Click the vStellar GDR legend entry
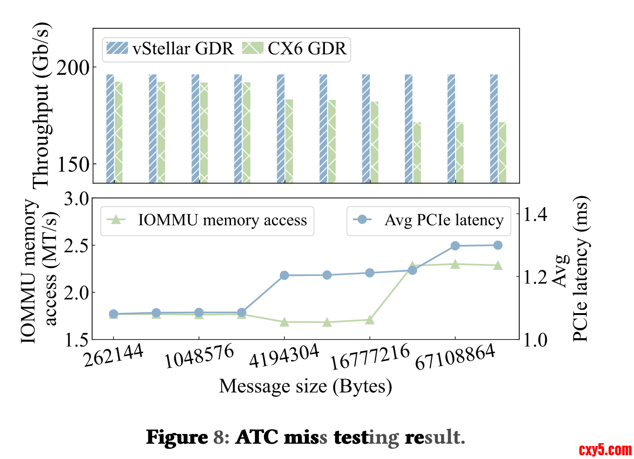coord(170,49)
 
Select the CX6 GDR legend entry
coord(295,49)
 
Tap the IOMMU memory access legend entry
coord(207,220)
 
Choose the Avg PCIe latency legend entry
coord(428,220)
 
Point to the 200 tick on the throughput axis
coord(73,68)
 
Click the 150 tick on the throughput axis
coord(73,164)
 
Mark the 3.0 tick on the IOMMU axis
coord(76,199)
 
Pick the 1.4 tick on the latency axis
coord(535,215)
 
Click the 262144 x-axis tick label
coord(113,357)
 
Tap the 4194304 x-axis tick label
coord(284,357)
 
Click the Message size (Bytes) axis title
coord(305,386)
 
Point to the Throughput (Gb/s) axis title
coord(41,105)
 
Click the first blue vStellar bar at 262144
coord(110,128)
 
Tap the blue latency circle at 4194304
coord(284,275)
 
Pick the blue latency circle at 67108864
coord(455,246)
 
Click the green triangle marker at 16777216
coord(370,320)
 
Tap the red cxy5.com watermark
coord(605,450)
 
